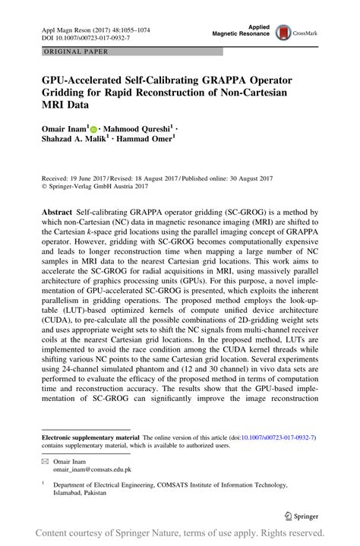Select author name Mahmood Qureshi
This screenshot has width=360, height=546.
pyautogui.click(x=141, y=131)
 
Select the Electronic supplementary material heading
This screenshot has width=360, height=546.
pyautogui.click(x=89, y=438)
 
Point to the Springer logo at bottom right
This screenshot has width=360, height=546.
pyautogui.click(x=302, y=514)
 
